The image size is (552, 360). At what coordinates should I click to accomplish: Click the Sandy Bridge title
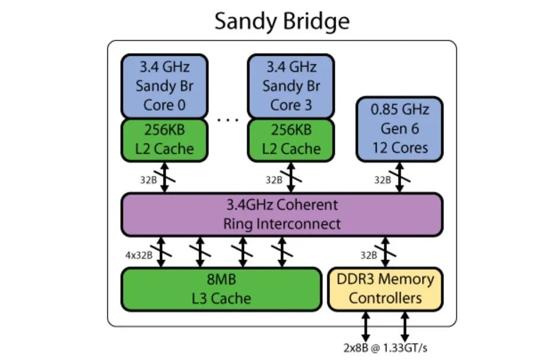tap(281, 21)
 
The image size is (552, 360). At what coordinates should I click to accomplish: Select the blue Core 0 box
tap(164, 86)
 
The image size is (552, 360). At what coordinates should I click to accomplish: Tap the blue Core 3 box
tap(291, 86)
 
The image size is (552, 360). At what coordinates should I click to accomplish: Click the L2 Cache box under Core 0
tap(164, 140)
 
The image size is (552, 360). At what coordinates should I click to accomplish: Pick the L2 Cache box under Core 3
tap(291, 140)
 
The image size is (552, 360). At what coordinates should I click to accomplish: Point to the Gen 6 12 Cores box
tap(399, 129)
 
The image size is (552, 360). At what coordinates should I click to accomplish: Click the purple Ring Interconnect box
tap(281, 214)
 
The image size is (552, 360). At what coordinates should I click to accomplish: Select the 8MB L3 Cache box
tap(221, 289)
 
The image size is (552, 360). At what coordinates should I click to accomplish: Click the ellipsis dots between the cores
tap(227, 120)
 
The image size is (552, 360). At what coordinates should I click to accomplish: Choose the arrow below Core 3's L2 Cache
tap(291, 177)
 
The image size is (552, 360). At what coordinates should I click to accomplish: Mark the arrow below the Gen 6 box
tap(399, 177)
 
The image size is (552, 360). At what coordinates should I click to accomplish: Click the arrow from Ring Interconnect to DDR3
tap(385, 252)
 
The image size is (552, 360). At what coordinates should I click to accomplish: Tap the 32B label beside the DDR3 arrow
tap(368, 255)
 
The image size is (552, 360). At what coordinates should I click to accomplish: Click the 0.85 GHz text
tap(399, 110)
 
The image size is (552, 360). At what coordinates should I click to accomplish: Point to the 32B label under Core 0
tap(147, 180)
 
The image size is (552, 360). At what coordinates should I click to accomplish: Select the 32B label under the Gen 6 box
tap(382, 180)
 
